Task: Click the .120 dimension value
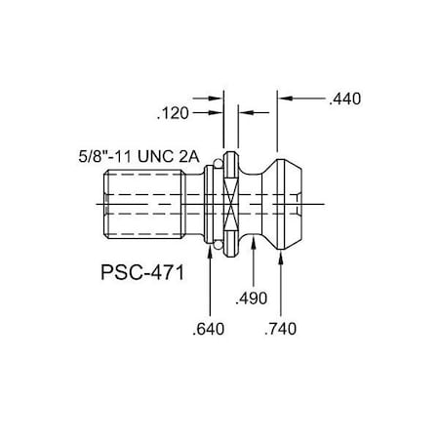(174, 113)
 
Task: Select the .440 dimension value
(344, 99)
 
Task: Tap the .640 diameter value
(210, 328)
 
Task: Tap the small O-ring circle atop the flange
(231, 154)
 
